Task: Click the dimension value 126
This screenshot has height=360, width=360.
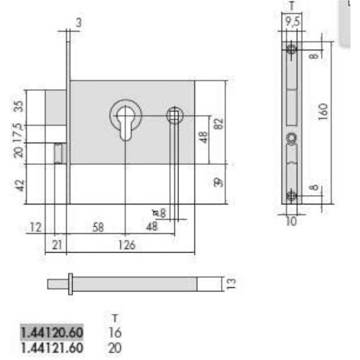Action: tap(126, 245)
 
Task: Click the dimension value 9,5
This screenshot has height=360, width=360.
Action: tap(291, 22)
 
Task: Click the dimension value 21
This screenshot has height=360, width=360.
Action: tap(58, 245)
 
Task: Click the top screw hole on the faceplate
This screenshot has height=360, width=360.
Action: tap(290, 49)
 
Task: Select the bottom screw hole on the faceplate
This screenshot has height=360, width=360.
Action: tap(290, 195)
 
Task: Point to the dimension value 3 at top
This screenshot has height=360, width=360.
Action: tap(78, 23)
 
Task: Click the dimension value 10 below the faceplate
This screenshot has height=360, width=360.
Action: tap(291, 222)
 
